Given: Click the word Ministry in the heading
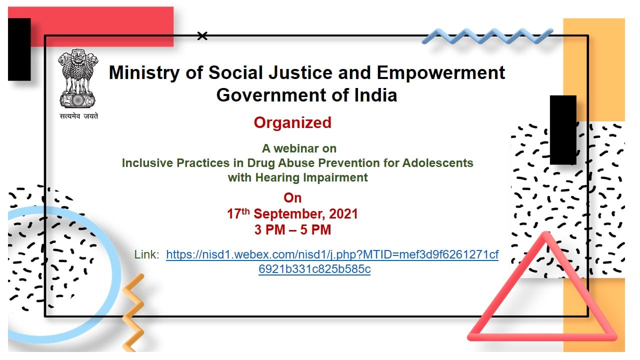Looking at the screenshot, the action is pos(144,73).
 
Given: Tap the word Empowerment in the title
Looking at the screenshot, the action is pos(441,73).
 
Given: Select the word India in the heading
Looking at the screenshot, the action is pos(375,95).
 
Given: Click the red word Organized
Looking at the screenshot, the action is pos(292,123).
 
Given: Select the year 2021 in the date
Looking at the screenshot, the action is pos(343,214).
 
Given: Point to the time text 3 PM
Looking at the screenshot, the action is pos(269,230).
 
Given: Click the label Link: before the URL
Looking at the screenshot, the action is pos(146,254).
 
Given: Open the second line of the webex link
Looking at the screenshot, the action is pos(314,269).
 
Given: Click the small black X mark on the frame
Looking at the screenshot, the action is pos(202,36).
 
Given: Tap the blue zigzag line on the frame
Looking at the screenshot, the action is pos(487,36).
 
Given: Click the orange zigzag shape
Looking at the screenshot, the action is pos(133,313).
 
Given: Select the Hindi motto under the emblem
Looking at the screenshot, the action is pos(78,116).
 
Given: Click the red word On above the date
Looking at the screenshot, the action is pos(292,198).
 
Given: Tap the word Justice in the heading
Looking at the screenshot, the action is pos(300,73).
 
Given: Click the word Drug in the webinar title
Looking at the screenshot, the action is pos(261,163).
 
